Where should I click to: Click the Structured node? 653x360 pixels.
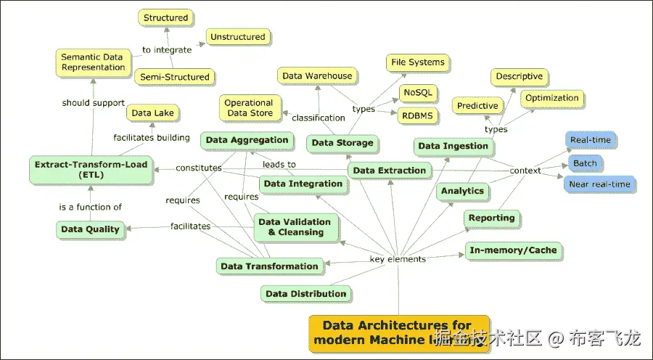click(x=165, y=18)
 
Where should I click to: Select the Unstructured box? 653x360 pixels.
click(x=238, y=36)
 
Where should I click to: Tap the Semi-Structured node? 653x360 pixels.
click(x=174, y=77)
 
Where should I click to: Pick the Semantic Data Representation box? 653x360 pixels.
click(x=93, y=62)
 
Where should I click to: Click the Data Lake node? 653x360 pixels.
click(x=152, y=113)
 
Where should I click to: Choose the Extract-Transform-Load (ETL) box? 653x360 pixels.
click(x=91, y=169)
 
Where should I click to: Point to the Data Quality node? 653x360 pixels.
click(x=91, y=229)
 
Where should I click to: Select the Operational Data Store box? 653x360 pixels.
click(x=249, y=108)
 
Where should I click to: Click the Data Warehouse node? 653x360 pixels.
click(x=317, y=75)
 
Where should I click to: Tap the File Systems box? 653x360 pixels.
click(x=417, y=62)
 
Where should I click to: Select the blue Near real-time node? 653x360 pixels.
click(x=600, y=184)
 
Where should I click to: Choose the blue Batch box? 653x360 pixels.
click(x=585, y=163)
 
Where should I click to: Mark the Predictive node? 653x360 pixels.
click(x=477, y=106)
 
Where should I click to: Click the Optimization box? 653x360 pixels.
click(x=551, y=98)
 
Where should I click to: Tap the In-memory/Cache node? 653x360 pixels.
click(x=513, y=250)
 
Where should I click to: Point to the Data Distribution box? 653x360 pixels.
click(x=306, y=294)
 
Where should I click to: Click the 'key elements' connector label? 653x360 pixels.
click(x=398, y=259)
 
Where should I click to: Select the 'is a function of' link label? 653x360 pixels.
click(x=91, y=207)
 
